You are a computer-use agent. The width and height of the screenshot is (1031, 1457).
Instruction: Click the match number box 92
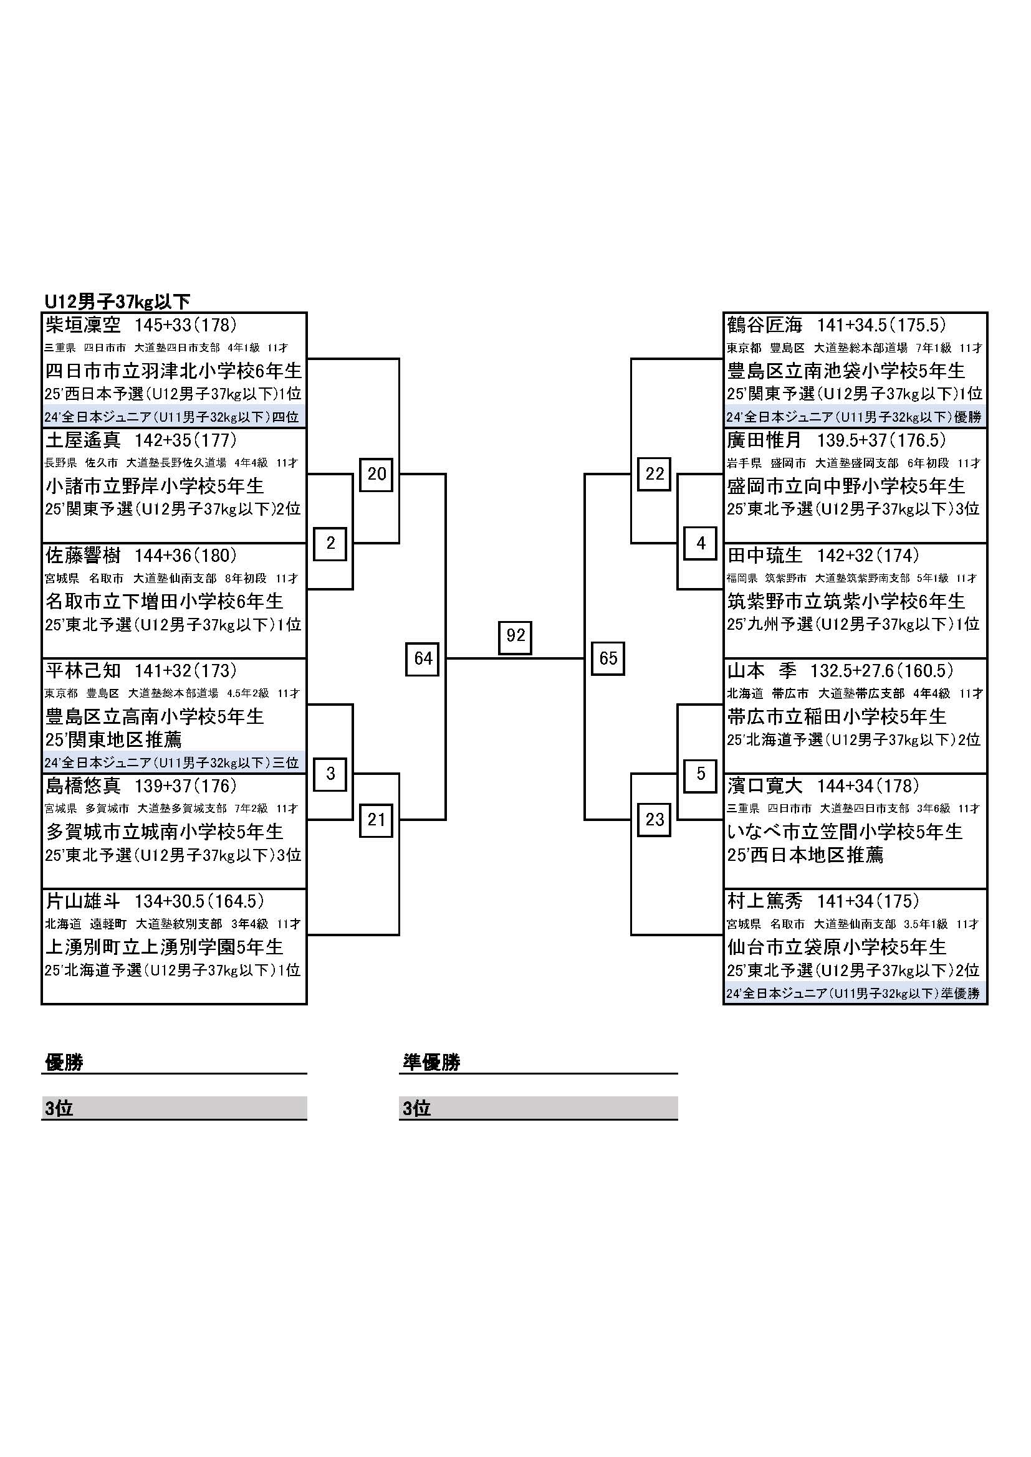click(x=515, y=635)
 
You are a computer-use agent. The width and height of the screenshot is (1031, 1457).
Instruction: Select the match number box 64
click(x=423, y=658)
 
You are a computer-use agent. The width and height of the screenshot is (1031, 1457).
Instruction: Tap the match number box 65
click(x=608, y=658)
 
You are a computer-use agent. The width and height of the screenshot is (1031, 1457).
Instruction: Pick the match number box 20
click(x=376, y=474)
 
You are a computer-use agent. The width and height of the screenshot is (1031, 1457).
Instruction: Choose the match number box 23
click(x=655, y=820)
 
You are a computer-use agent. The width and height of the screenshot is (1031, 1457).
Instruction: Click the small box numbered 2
click(x=330, y=543)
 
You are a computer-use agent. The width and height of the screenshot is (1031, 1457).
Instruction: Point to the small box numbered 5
click(x=701, y=774)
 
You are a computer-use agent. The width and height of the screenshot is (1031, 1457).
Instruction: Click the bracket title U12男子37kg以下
click(x=117, y=301)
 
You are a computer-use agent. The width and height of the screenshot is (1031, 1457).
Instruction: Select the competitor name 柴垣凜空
click(x=83, y=326)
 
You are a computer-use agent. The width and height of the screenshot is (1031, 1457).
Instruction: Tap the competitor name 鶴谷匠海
click(x=765, y=326)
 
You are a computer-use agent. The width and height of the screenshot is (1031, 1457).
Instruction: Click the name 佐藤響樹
click(x=83, y=556)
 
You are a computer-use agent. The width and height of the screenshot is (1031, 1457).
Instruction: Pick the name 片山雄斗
click(x=83, y=901)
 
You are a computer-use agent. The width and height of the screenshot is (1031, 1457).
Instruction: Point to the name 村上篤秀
click(x=765, y=901)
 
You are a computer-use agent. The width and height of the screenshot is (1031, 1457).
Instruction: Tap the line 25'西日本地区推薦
click(x=805, y=855)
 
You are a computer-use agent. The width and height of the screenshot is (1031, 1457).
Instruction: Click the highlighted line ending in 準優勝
click(x=853, y=994)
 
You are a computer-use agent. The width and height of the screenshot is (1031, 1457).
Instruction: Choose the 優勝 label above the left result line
click(x=64, y=1062)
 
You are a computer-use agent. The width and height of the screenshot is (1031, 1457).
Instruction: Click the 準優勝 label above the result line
click(x=432, y=1062)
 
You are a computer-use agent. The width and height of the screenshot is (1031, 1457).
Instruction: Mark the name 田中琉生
click(x=765, y=556)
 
